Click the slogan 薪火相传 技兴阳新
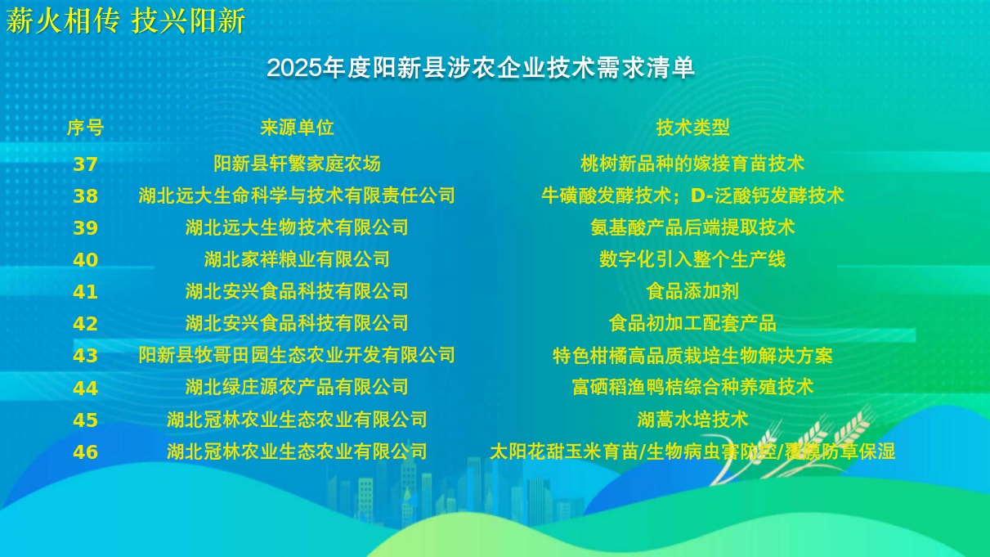126,20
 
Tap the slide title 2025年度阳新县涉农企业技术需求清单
481,68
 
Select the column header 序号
85,128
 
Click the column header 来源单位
297,128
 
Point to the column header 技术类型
692,128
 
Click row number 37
85,164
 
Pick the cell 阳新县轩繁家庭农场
297,164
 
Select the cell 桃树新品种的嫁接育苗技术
692,164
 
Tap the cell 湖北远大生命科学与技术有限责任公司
297,195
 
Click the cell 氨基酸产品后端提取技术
692,227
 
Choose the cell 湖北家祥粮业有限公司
297,259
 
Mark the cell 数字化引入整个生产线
692,259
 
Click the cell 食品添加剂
692,291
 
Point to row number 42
85,324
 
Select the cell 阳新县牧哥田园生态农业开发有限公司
297,355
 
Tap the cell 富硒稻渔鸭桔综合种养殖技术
692,387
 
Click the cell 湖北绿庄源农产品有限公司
297,387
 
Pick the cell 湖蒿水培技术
692,419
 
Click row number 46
85,452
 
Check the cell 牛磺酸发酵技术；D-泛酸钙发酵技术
692,195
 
